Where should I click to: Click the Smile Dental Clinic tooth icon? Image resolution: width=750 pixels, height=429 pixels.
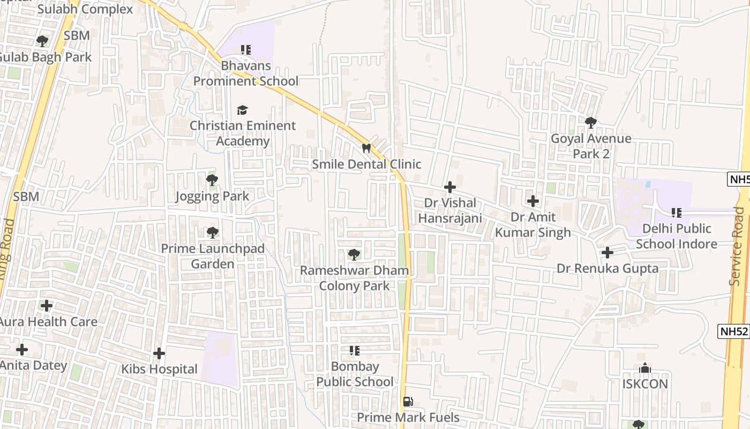click(x=366, y=148)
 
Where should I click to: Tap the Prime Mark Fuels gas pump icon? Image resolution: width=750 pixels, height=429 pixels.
click(x=408, y=402)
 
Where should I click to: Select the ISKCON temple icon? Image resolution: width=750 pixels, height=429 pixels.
click(x=645, y=368)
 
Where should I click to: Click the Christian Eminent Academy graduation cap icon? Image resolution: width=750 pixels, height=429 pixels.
click(x=243, y=110)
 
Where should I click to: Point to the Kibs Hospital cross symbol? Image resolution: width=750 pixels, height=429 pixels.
click(x=159, y=353)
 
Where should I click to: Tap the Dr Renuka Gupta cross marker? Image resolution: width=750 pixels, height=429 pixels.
click(x=607, y=253)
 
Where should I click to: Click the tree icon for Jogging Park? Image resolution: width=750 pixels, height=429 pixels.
click(x=212, y=180)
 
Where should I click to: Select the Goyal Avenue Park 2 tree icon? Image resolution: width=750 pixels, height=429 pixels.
click(x=591, y=123)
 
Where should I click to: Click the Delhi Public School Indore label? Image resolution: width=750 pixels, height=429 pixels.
click(x=677, y=236)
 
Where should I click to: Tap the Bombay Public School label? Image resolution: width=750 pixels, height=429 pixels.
click(x=355, y=374)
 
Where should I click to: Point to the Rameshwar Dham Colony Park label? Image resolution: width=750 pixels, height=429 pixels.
click(x=354, y=278)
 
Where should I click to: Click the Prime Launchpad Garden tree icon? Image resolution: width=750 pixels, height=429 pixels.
click(x=213, y=233)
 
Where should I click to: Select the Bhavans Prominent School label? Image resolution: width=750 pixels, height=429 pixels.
click(x=246, y=73)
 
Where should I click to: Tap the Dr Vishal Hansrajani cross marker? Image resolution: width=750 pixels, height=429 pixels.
click(x=450, y=187)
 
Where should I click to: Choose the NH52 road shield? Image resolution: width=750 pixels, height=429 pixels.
click(x=733, y=331)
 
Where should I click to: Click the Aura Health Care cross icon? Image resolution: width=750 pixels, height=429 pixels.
click(x=47, y=306)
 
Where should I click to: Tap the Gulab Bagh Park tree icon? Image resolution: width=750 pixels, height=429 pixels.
click(x=42, y=41)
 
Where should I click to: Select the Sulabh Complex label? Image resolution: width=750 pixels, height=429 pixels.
click(x=85, y=9)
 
